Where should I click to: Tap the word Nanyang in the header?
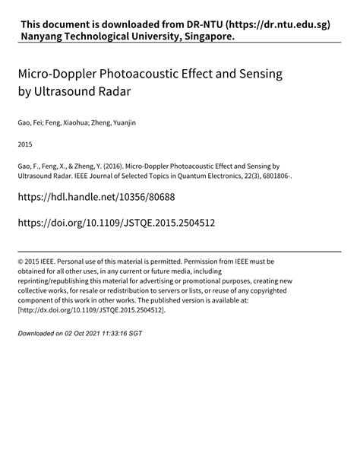tap(46, 36)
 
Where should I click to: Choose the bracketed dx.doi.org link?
tap(92, 311)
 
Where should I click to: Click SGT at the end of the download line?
tap(134, 334)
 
